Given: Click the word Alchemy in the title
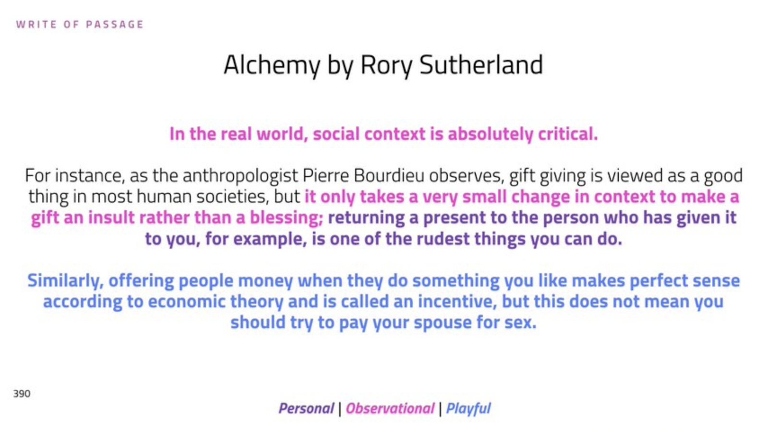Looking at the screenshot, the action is [272, 65].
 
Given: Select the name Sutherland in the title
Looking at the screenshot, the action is [481, 64].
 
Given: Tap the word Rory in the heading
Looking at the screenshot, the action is [386, 65].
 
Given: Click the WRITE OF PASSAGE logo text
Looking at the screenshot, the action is [80, 25].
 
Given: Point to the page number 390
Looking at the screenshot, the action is [22, 394].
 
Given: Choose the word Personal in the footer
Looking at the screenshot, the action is [306, 408].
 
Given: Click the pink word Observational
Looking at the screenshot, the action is [390, 408].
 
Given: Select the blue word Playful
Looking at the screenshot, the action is [468, 408].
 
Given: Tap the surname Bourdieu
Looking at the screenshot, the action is [389, 176].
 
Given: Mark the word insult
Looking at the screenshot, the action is [111, 218].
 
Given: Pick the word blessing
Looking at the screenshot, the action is [286, 218].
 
